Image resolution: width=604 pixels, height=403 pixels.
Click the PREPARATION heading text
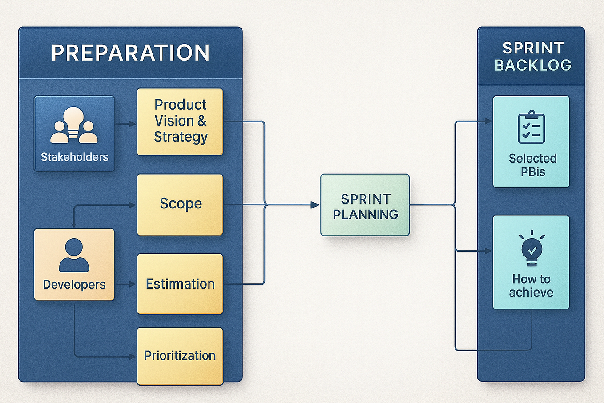coord(130,53)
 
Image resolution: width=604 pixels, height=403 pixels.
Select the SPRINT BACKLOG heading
coord(532,57)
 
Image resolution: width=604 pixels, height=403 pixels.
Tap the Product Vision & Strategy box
coord(180,121)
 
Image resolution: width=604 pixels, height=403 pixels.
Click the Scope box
coord(180,204)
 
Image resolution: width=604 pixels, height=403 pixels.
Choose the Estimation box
coord(180,284)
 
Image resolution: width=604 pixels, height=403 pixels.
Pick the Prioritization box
coord(180,355)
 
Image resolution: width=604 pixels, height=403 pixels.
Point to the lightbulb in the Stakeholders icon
coord(74,119)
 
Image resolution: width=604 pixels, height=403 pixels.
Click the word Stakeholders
coord(74,157)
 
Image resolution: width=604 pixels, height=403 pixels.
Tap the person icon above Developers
coord(74,255)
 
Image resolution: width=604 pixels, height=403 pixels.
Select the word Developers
coord(74,285)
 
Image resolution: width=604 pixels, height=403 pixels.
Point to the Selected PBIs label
coord(532,165)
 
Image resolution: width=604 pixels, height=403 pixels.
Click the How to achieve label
coord(531,285)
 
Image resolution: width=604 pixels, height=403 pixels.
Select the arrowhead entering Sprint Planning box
coord(315,205)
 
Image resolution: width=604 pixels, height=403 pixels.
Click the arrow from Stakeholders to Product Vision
coord(126,124)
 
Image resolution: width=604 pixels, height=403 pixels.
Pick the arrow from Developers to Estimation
coord(126,284)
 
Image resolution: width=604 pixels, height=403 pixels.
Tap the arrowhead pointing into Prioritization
coord(132,357)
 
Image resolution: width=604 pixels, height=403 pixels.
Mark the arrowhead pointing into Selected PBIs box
coord(488,121)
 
